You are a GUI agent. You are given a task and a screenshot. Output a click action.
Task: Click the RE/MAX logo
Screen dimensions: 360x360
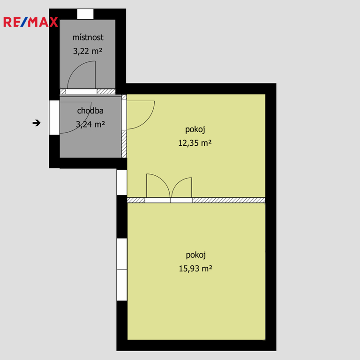tap(30, 22)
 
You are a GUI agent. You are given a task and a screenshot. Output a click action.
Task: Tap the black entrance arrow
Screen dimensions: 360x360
tap(37, 123)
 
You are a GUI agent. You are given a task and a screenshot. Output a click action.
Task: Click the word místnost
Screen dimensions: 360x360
tap(88, 37)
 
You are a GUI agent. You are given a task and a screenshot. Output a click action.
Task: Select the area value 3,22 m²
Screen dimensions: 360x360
tap(88, 51)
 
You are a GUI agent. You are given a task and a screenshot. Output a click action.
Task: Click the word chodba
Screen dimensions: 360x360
tap(90, 111)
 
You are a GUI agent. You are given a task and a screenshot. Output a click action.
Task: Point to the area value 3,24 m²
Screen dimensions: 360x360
tap(90, 124)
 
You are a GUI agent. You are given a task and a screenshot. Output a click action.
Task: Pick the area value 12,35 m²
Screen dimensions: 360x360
tap(195, 143)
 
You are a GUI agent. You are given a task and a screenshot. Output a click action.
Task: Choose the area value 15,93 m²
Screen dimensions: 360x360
tap(195, 269)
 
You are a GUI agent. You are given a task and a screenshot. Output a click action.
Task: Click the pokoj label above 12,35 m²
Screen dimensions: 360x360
tap(195, 129)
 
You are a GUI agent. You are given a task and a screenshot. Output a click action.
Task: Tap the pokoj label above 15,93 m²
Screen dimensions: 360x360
tap(196, 255)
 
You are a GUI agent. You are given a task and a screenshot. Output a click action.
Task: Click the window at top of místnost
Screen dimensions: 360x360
tap(85, 14)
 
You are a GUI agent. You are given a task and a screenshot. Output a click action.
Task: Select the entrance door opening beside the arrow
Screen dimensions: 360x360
tap(55, 118)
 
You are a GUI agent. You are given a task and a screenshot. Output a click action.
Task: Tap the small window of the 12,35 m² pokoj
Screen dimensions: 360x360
tap(122, 182)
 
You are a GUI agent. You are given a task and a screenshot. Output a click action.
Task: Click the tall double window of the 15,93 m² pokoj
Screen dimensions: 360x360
tap(122, 270)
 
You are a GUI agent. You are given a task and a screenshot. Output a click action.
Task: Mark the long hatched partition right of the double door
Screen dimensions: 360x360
tap(229, 200)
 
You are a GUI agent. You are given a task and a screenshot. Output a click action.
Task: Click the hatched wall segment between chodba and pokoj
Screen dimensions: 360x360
tap(124, 144)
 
